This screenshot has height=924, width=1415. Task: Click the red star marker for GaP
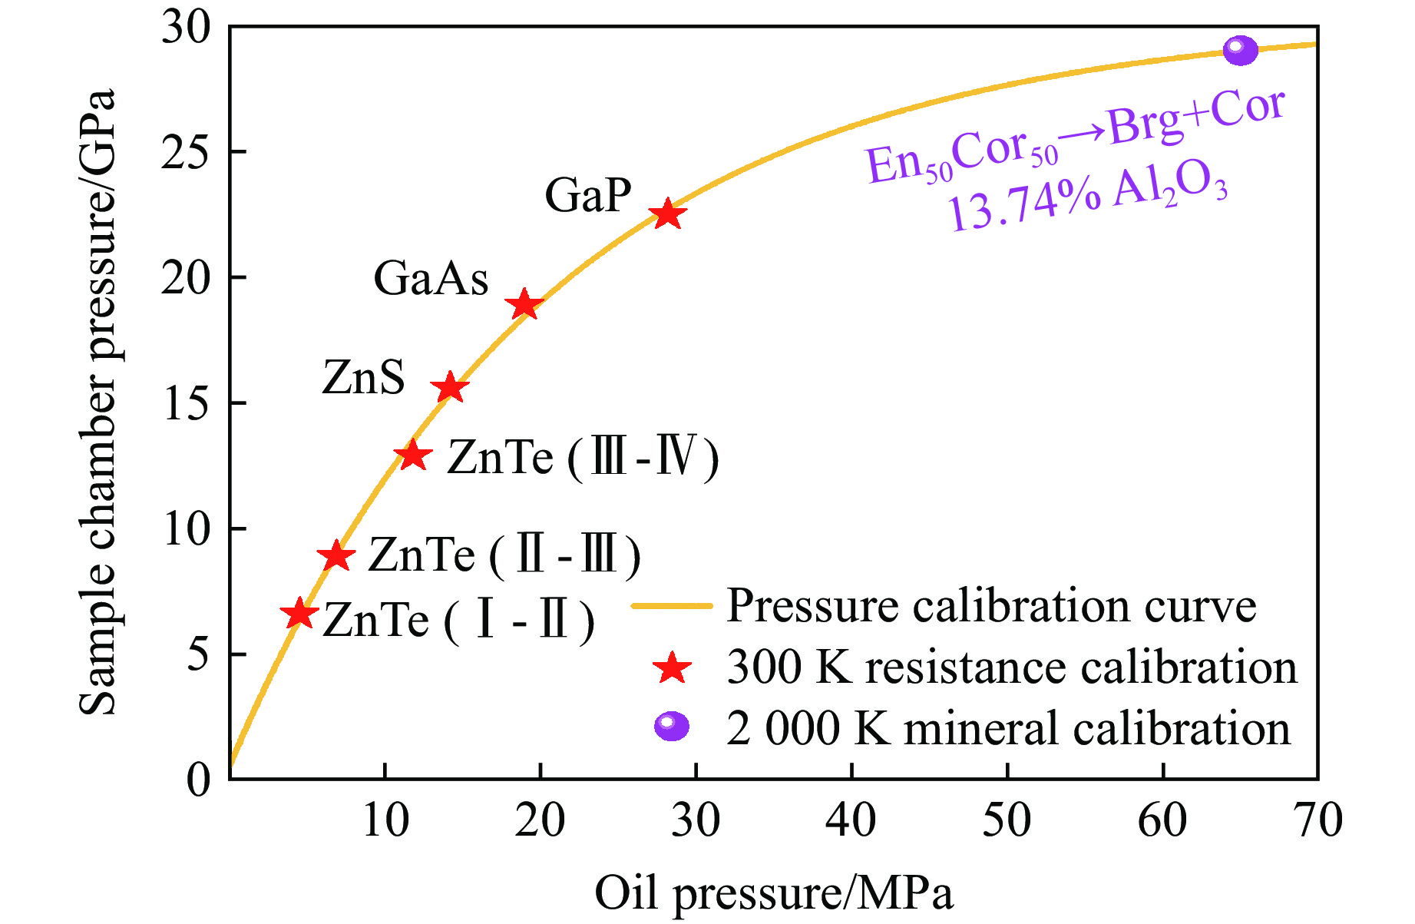[x=667, y=214]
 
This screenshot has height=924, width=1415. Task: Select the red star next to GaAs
[x=524, y=305]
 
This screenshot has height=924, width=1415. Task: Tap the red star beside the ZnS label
[x=450, y=388]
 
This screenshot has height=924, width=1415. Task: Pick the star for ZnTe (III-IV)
[x=413, y=455]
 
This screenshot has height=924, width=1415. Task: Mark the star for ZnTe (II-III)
[x=336, y=555]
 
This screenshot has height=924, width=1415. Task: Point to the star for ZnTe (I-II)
[x=299, y=614]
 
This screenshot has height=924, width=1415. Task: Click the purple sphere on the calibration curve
[x=1240, y=51]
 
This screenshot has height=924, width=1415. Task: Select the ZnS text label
[x=363, y=377]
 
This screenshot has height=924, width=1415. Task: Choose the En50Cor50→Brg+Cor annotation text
[x=1075, y=138]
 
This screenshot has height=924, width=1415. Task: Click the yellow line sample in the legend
[x=672, y=606]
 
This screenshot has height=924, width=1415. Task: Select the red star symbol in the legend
[x=672, y=668]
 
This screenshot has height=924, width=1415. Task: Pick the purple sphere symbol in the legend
[x=671, y=726]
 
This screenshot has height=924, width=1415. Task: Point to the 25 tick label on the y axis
[x=185, y=152]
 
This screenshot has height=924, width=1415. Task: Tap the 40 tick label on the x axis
[x=851, y=820]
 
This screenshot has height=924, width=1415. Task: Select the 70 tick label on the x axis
[x=1317, y=820]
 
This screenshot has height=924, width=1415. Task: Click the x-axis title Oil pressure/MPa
[x=774, y=893]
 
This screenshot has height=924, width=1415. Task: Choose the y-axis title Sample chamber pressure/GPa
[x=98, y=402]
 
